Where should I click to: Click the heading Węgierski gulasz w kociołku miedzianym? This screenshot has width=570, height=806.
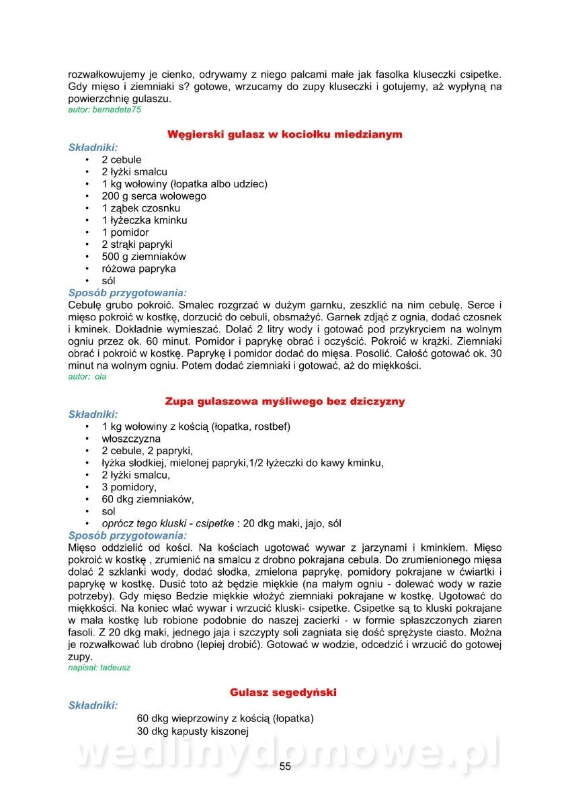(x=284, y=134)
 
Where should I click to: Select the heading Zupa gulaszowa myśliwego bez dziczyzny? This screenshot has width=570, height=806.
(x=285, y=402)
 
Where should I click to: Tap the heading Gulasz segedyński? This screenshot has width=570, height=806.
(x=283, y=692)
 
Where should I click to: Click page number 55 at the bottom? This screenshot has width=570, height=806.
(x=285, y=767)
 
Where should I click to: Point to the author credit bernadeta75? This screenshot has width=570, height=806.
(x=105, y=109)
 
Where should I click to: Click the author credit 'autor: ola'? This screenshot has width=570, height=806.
(x=87, y=377)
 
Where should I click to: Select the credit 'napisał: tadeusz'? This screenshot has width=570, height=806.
(x=99, y=669)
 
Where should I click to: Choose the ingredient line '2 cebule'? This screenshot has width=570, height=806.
(x=122, y=160)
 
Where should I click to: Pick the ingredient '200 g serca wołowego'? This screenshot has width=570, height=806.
(x=154, y=196)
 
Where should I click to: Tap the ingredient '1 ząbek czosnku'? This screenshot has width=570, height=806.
(x=141, y=208)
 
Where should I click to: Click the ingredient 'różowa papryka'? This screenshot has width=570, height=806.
(x=139, y=269)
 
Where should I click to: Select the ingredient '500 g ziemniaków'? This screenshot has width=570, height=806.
(x=144, y=257)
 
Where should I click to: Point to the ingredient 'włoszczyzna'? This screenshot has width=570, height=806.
(x=131, y=439)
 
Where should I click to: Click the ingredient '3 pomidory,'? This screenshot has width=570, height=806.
(x=129, y=487)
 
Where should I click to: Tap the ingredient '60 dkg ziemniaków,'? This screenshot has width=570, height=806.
(x=148, y=499)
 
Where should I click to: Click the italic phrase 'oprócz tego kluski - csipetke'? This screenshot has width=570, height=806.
(x=168, y=523)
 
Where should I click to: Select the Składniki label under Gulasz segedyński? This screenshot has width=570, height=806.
(x=93, y=705)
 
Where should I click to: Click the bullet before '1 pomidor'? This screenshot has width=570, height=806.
(x=87, y=232)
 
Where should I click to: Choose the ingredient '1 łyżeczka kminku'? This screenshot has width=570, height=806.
(x=145, y=220)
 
